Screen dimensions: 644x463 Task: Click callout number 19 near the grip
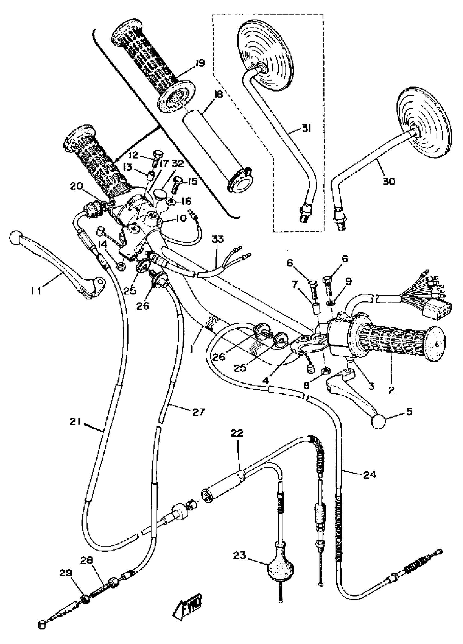(x=200, y=63)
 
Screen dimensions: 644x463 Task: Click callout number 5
(x=409, y=411)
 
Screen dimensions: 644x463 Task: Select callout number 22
(x=237, y=433)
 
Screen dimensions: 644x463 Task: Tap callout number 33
(x=217, y=239)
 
